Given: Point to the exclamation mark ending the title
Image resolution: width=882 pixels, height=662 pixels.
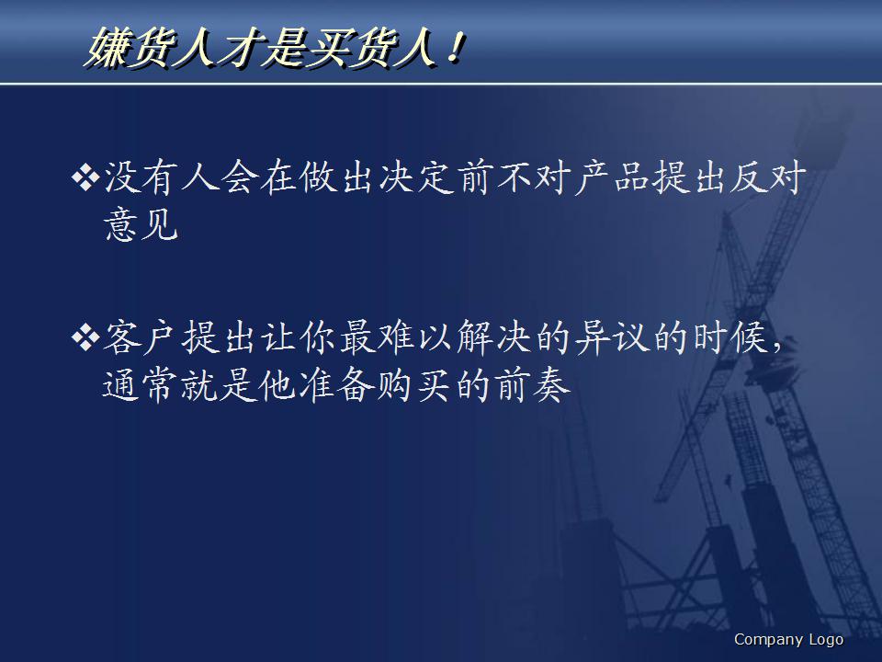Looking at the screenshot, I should (450, 49).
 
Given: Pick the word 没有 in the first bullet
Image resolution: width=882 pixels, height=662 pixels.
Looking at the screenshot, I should (144, 177).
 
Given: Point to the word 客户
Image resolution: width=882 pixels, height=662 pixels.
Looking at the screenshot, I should (144, 338).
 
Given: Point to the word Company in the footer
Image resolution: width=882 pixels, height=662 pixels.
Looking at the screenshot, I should (767, 640).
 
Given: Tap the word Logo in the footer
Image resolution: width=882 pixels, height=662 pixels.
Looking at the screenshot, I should (826, 640).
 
